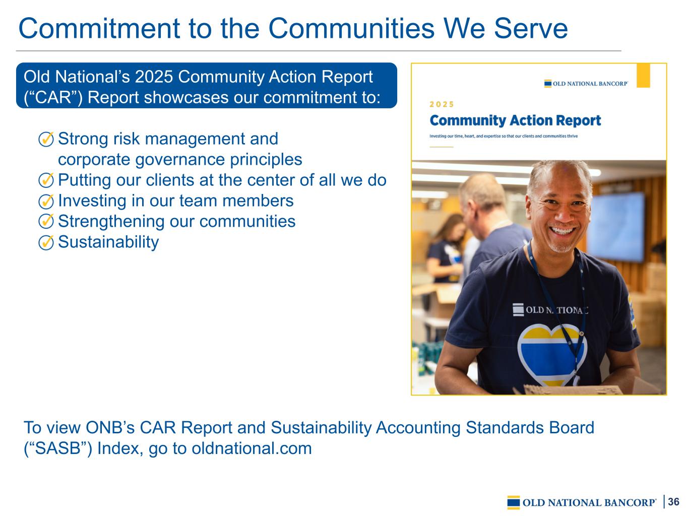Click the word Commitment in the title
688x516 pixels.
pos(99,29)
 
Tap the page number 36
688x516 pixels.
pos(673,501)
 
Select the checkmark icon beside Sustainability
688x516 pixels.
pos(46,242)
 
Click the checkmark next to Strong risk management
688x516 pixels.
pos(46,139)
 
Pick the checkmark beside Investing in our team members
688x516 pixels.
pos(46,201)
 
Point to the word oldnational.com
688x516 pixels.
pos(252,448)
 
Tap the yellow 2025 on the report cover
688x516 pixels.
pos(442,104)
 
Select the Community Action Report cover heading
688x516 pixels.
pos(515,120)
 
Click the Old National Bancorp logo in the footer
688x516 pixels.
pos(582,502)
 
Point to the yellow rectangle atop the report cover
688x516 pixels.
pos(643,76)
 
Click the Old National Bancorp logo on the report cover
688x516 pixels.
pos(586,84)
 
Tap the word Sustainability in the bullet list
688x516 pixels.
pos(108,242)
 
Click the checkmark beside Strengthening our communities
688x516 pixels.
pos(46,222)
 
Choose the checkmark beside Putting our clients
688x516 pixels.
pos(46,180)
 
